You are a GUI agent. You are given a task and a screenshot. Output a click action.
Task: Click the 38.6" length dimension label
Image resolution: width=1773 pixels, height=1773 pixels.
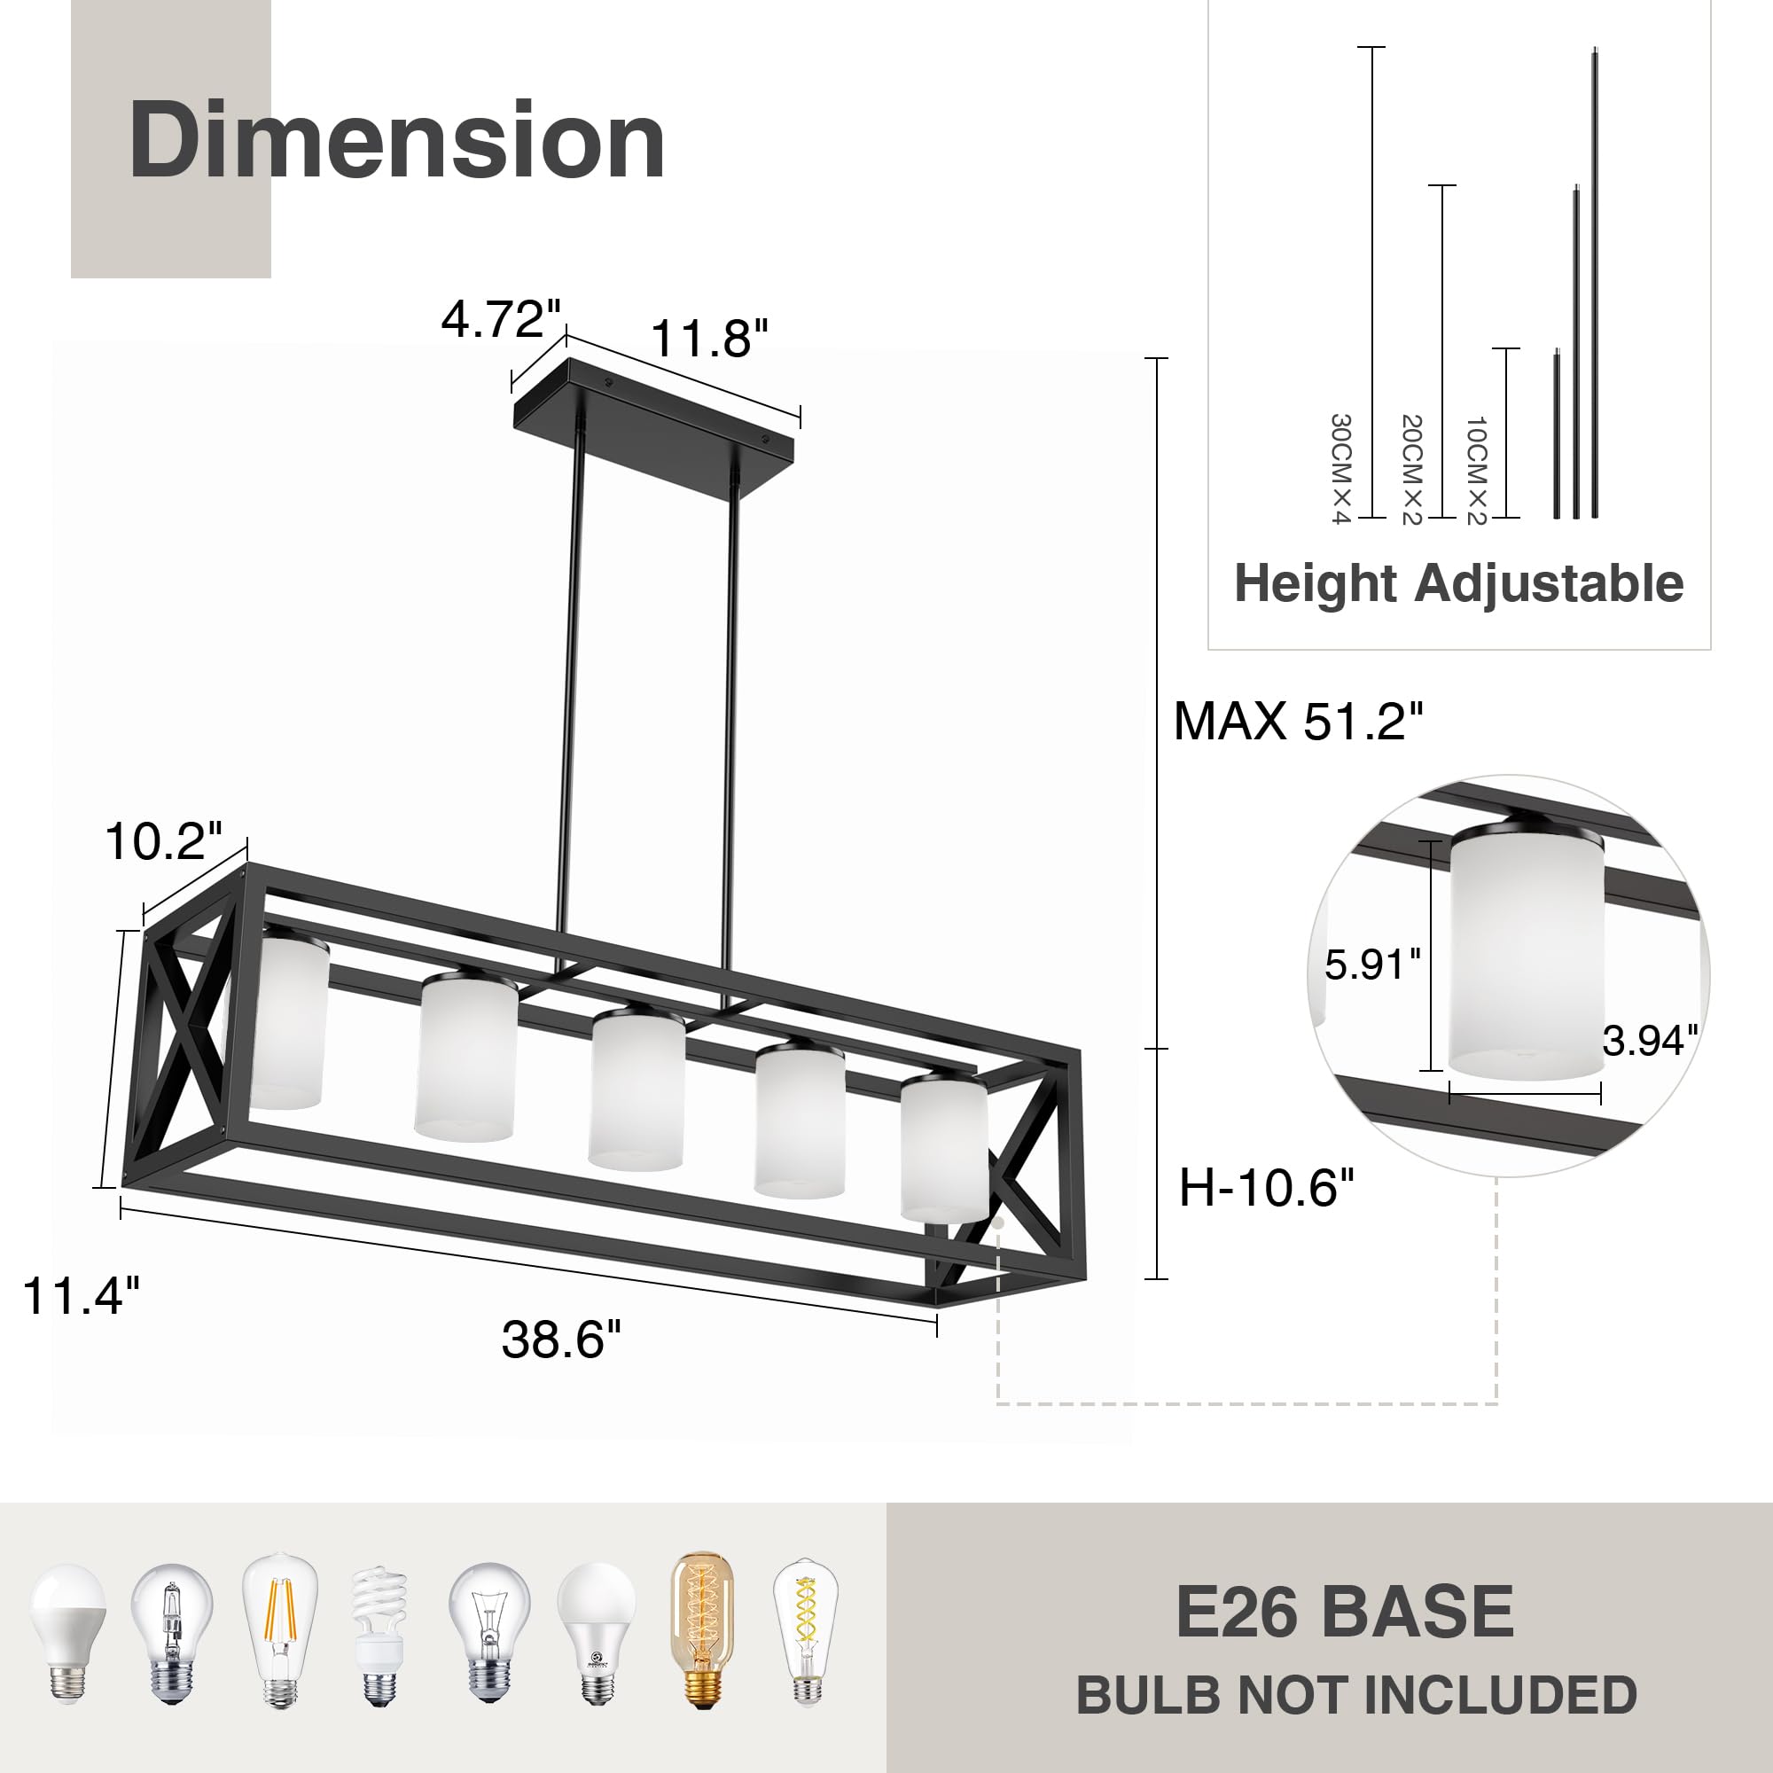point(561,1339)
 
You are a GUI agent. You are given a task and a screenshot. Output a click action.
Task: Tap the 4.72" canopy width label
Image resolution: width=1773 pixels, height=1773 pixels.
point(500,319)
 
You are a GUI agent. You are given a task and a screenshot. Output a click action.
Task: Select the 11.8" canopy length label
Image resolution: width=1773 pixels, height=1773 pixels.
point(708,339)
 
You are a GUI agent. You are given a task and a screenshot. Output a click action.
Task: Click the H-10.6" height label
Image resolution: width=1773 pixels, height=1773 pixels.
point(1267,1188)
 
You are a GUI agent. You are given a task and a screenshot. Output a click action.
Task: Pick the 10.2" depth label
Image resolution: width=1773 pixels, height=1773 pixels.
point(163,840)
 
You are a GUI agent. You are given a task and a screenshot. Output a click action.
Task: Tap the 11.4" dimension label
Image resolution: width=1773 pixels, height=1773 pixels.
point(81,1296)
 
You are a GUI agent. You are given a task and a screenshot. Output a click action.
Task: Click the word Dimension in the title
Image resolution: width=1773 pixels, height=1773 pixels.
point(396,140)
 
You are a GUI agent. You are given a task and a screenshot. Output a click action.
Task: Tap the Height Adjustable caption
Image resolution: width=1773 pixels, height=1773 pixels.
point(1458,583)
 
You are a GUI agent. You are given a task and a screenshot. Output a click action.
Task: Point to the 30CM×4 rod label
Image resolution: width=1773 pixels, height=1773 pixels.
point(1340,468)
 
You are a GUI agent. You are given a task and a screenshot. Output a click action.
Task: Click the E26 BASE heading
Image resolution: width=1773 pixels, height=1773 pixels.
point(1345,1613)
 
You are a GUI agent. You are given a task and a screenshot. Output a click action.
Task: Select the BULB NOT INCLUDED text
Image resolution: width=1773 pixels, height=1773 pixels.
point(1356,1695)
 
